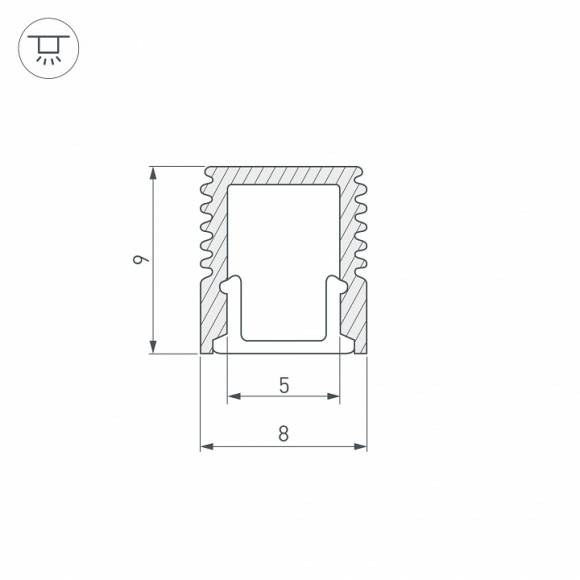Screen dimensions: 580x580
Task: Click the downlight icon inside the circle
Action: click(47, 48)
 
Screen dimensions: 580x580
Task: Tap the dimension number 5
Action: click(284, 384)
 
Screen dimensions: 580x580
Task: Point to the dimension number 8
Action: click(284, 434)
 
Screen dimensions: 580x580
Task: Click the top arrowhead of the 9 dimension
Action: click(153, 173)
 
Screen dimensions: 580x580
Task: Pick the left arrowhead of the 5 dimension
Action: click(234, 397)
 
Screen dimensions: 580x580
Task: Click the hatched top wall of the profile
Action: click(284, 175)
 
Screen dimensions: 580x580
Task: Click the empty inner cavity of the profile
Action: click(284, 250)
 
